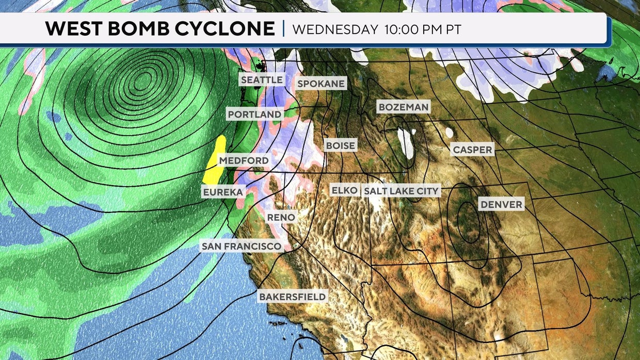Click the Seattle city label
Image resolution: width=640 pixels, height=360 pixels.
coord(262,80)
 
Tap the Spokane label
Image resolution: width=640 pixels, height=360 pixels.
coord(321,84)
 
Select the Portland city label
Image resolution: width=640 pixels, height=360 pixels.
coord(255,114)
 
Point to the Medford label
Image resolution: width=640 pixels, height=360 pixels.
coord(244,160)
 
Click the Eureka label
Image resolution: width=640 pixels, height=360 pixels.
coord(222,192)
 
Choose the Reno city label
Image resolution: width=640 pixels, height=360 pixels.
coord(281,218)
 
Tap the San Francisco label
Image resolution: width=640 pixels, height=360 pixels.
coord(242,246)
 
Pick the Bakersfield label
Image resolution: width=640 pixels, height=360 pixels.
coord(292,297)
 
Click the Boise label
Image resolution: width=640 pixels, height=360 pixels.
coord(341,145)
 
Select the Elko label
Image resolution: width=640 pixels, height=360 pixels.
coord(344,190)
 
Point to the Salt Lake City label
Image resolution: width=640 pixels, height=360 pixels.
coord(401,191)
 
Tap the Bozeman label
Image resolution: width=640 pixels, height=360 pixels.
coord(403,107)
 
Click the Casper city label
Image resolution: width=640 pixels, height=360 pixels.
coord(472,150)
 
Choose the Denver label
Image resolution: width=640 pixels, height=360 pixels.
coord(501,204)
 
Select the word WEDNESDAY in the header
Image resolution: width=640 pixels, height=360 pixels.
coord(335,29)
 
